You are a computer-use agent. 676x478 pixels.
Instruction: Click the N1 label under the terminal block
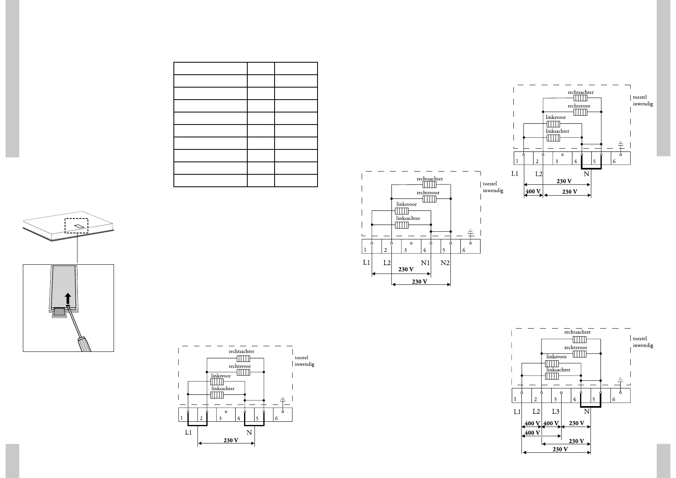coord(425,263)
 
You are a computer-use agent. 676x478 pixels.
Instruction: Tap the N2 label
coord(445,263)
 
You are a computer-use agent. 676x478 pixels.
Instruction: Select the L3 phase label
coord(556,412)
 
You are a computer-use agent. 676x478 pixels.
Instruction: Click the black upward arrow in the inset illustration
coord(68,299)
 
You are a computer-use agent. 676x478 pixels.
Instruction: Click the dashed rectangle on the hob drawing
coord(77,225)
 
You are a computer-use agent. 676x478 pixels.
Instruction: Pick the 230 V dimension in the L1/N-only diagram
coord(231,440)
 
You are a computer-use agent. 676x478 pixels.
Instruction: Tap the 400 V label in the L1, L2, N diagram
coord(533,192)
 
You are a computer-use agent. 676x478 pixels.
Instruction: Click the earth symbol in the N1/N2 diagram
coord(470,233)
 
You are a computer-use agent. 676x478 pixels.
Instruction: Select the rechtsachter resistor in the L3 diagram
coord(579,340)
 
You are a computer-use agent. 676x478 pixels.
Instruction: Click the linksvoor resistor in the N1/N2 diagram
coord(402,211)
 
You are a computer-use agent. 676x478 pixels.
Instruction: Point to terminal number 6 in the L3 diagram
coord(613,399)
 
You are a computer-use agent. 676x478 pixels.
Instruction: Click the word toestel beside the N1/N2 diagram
coord(490,184)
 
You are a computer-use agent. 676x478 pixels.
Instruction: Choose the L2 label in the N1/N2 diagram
coord(387,263)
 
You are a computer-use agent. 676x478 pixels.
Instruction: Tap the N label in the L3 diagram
coord(587,412)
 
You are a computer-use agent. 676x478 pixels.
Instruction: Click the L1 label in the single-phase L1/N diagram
coord(189,433)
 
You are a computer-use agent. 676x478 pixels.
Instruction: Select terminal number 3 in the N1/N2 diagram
coord(405,250)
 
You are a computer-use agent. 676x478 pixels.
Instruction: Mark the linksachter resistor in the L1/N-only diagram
coord(217,395)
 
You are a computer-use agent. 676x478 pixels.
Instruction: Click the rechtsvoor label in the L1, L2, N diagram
coord(579,106)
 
